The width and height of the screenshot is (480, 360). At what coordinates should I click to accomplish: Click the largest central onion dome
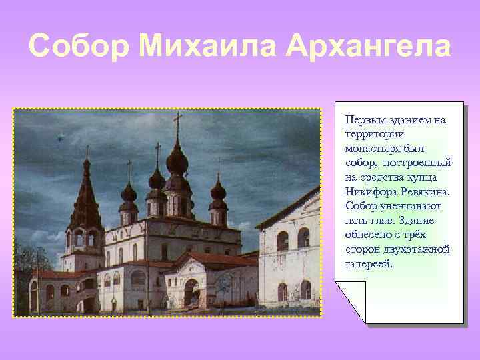177,161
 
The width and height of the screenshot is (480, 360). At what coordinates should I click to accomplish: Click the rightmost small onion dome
218,191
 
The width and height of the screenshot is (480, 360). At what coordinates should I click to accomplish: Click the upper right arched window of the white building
303,237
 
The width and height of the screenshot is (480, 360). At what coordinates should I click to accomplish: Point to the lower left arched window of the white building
282,291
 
